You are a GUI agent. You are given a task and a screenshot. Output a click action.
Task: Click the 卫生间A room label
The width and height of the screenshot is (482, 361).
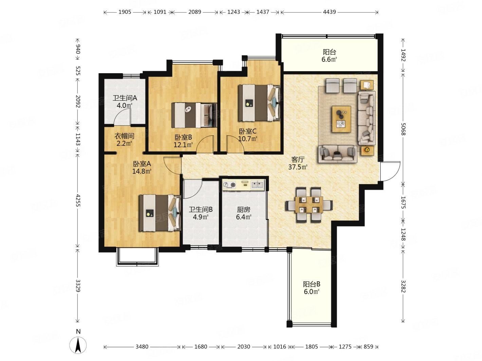coord(125,98)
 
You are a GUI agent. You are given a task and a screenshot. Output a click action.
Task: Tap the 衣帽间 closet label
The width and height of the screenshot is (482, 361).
coord(124,136)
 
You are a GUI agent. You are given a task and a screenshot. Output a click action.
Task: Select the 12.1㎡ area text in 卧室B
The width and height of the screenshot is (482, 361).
coord(183,145)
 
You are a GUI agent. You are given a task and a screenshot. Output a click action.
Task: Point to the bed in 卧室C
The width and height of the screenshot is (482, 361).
coord(260,103)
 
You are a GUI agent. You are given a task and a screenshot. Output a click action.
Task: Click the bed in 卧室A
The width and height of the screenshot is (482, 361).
coord(160,213)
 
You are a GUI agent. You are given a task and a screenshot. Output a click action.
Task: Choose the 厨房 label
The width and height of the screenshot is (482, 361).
coord(243,210)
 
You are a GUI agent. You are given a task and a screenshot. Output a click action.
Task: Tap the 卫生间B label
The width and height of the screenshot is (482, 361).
coord(201,210)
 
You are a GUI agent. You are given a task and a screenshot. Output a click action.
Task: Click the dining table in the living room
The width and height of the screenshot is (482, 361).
coord(309,205)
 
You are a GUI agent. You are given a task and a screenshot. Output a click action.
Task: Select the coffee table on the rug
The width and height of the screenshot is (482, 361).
coord(341,119)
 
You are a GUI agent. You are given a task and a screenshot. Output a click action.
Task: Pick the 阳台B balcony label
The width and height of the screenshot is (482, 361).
coord(312,284)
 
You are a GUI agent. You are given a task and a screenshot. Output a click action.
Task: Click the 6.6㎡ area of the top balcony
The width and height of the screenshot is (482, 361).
coord(329,59)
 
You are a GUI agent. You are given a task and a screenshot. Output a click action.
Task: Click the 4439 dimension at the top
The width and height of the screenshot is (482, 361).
coord(329,12)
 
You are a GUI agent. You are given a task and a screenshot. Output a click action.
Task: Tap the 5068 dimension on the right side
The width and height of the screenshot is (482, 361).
coord(403,129)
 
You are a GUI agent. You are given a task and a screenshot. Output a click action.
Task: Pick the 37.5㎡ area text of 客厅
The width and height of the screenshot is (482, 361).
coord(298,167)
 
